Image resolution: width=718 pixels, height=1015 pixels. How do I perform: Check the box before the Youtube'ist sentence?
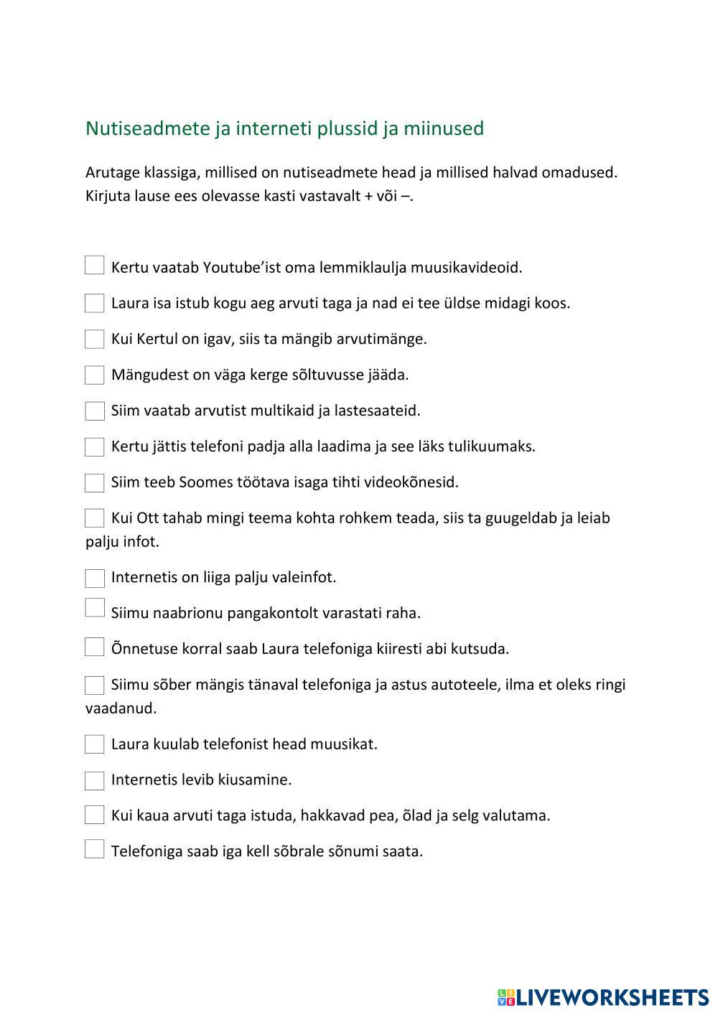[95, 266]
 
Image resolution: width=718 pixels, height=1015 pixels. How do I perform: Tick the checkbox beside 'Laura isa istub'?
[95, 303]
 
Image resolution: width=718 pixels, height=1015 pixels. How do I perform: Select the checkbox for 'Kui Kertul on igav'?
[95, 339]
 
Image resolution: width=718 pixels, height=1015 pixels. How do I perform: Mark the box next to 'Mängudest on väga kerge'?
[95, 375]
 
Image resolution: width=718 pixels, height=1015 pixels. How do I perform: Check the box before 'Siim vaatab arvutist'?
[95, 411]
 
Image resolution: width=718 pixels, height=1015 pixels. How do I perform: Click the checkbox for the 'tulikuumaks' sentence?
[95, 446]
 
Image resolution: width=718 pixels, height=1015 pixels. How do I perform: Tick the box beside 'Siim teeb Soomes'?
[95, 482]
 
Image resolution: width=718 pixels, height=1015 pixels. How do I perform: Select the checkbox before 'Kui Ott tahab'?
[95, 518]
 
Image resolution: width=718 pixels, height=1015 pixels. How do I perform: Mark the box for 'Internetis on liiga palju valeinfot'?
[95, 578]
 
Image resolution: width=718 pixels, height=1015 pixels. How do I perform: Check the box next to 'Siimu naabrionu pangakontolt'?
[95, 608]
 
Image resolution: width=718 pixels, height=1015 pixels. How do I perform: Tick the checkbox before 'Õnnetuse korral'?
[95, 647]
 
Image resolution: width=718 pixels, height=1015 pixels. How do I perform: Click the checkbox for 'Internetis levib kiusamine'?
[95, 780]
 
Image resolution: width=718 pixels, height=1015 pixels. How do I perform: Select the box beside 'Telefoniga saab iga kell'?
[95, 849]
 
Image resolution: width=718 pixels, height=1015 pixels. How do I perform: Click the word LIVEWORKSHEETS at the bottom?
[612, 997]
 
